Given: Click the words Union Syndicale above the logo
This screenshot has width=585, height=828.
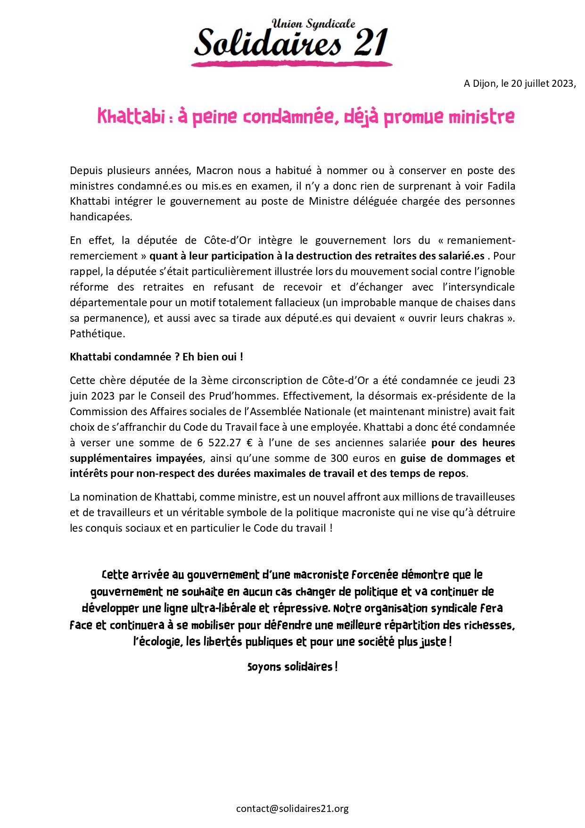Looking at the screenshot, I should (x=313, y=24).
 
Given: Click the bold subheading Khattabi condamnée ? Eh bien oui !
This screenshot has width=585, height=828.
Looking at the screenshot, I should (x=157, y=357).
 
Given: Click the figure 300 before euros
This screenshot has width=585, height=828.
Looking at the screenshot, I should (x=339, y=458).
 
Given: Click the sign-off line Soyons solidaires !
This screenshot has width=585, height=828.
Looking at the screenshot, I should (x=292, y=667).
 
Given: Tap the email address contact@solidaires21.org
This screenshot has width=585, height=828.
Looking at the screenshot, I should (x=292, y=809).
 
